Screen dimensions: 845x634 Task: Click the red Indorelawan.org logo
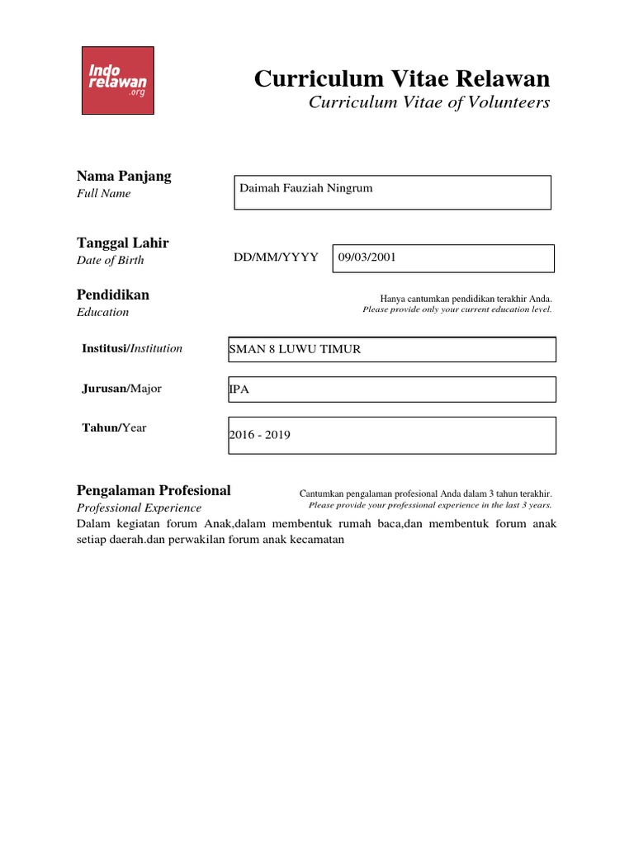[x=117, y=80]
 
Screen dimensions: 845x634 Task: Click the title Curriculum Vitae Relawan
[x=401, y=78]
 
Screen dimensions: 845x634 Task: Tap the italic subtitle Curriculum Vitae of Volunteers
[x=428, y=102]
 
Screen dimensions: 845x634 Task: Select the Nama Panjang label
[x=124, y=176]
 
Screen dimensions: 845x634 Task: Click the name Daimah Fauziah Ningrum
[x=306, y=188]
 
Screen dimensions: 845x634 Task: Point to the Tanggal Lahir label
[x=122, y=243]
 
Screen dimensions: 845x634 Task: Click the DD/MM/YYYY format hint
[x=276, y=257]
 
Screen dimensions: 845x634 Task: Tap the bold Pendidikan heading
[x=113, y=295]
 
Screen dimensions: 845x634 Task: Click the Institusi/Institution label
[x=132, y=348]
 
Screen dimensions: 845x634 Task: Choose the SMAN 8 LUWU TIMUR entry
[x=295, y=349]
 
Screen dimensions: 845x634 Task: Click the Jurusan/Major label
[x=121, y=388]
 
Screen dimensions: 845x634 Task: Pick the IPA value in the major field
[x=239, y=389]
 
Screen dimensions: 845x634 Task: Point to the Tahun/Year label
[x=114, y=427]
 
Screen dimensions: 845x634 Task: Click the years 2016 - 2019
[x=260, y=435]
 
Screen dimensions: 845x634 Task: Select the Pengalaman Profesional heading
[x=154, y=490]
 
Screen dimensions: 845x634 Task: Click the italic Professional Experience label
[x=139, y=507]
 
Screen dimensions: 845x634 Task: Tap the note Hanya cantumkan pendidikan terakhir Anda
[x=466, y=299]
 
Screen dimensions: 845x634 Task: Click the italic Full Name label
[x=103, y=193]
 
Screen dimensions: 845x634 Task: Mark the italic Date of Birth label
[x=110, y=260]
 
